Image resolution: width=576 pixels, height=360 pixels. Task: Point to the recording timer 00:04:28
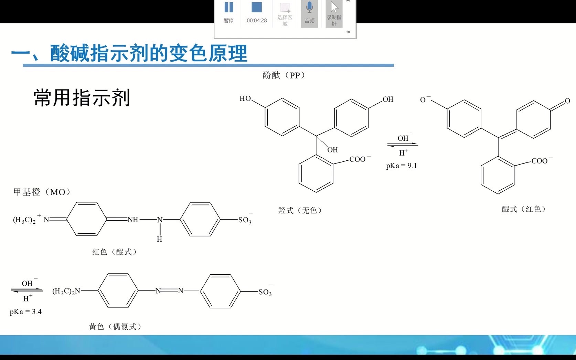pos(257,21)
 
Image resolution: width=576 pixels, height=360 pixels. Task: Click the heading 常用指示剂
pos(82,98)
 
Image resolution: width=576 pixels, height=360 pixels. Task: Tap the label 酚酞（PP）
pos(284,75)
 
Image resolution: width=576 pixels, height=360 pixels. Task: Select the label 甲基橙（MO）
pos(42,192)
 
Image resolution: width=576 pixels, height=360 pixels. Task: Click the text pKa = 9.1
pos(401,166)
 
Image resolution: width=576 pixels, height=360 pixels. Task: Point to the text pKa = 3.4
pos(26,312)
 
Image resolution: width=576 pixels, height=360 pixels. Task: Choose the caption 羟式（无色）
pos(300,210)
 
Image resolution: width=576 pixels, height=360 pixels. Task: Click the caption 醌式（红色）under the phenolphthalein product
pos(524,209)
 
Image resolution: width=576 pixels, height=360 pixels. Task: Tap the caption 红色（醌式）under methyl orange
pos(115,252)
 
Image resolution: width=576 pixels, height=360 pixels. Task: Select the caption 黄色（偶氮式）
pos(115,327)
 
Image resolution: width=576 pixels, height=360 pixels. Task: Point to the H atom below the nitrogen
pos(159,239)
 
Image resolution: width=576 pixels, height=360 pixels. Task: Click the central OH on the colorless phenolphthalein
pos(332,150)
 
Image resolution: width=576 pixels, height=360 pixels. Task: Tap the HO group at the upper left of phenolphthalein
pos(245,99)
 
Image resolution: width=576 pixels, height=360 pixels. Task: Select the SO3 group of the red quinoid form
pos(245,220)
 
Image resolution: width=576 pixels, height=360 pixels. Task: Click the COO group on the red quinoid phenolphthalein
pos(540,161)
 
